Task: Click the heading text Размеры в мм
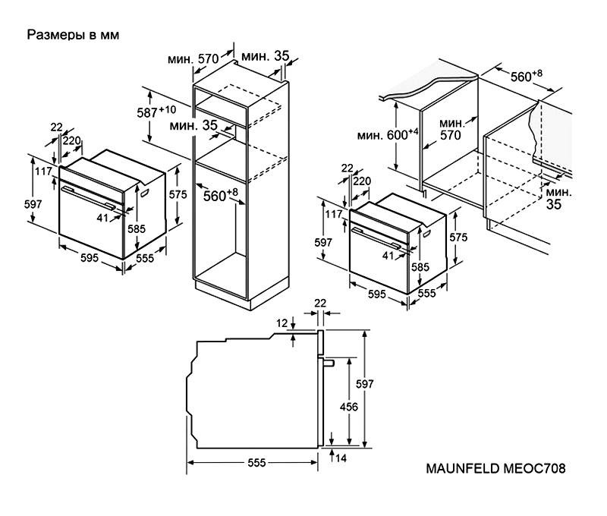point(74,35)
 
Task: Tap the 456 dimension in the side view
point(349,407)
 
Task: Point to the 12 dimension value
point(282,324)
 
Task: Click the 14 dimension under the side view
point(342,458)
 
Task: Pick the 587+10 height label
point(157,112)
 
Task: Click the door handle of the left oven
point(89,197)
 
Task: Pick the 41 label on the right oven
point(388,256)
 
